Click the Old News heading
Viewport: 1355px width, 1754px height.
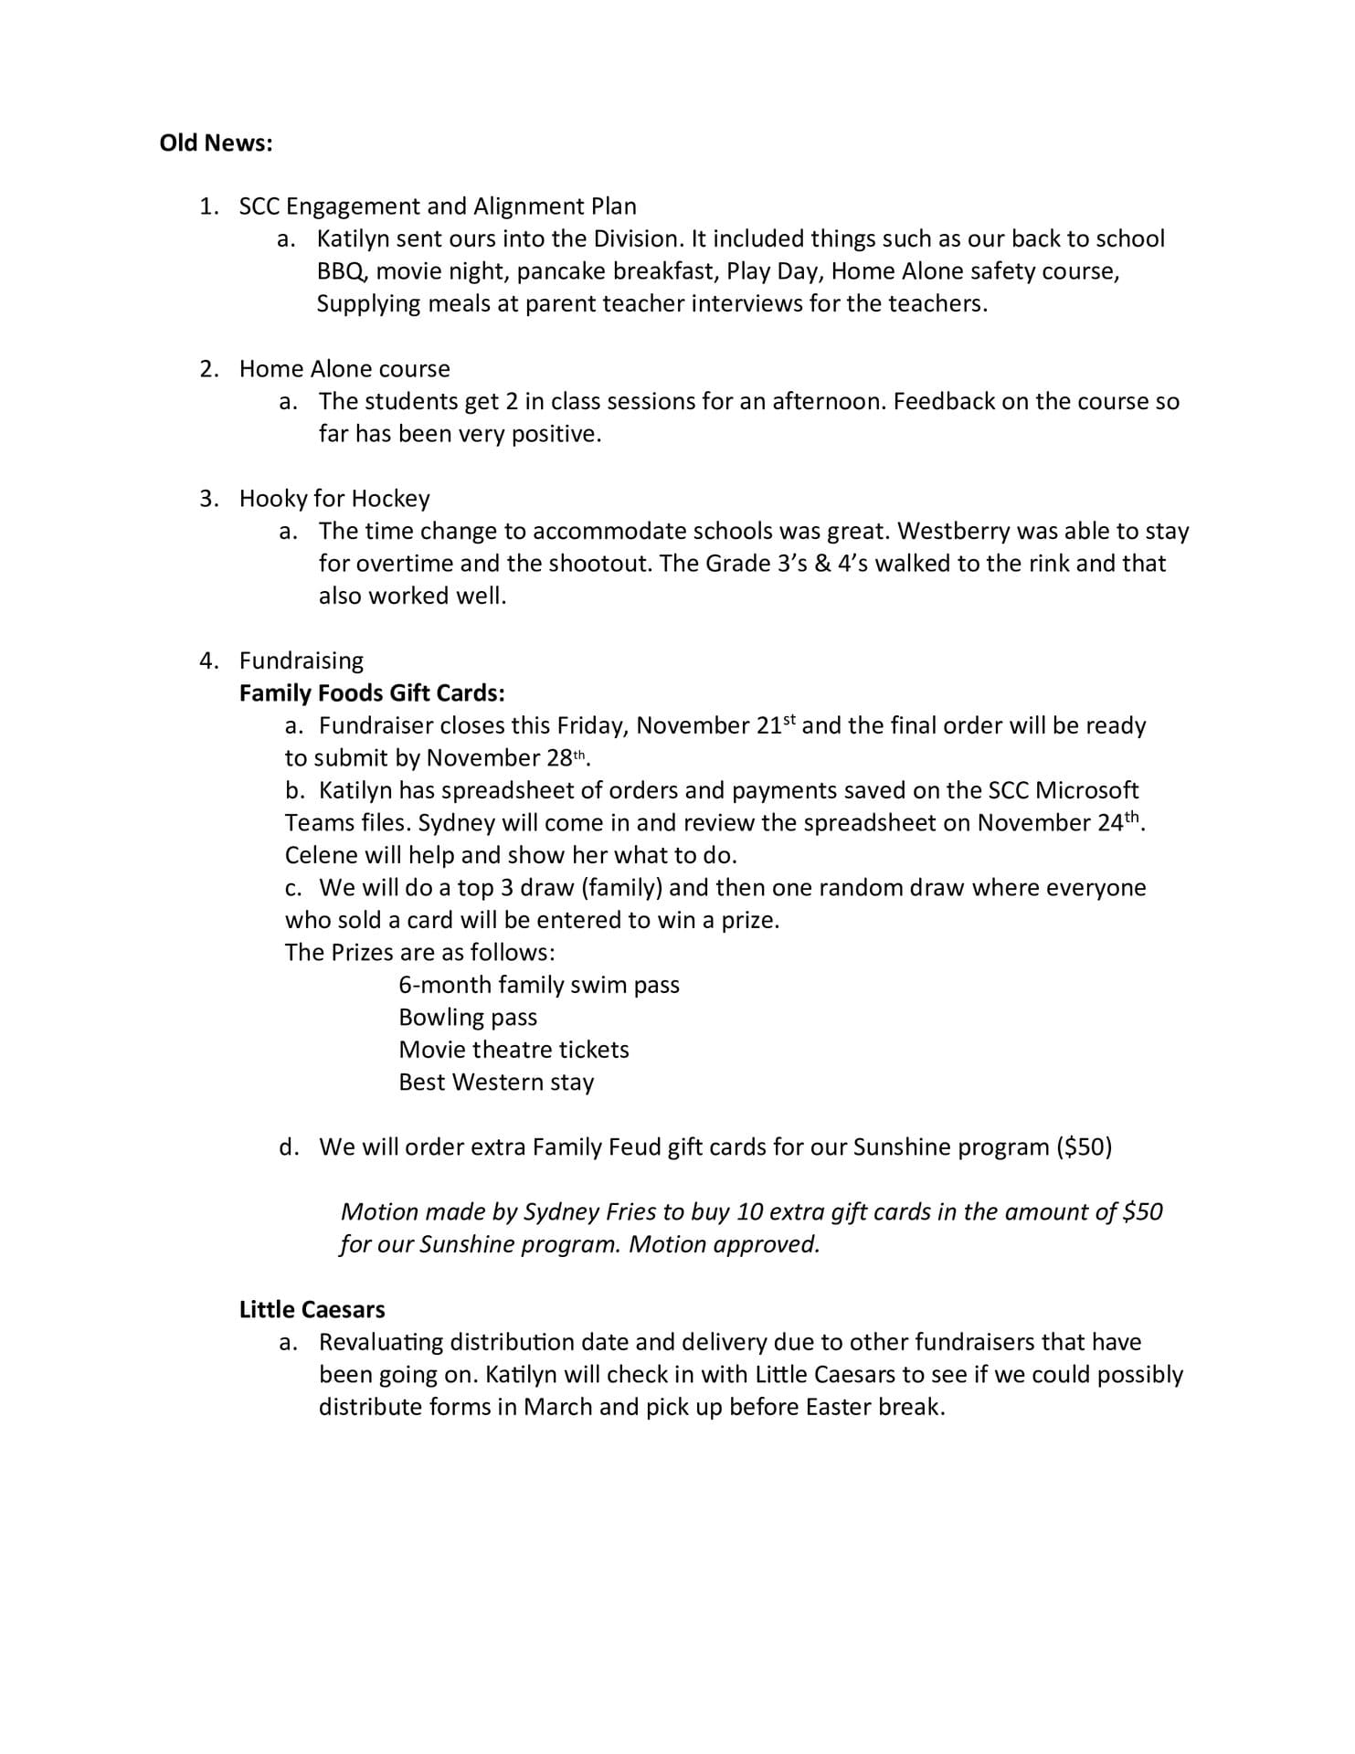point(216,143)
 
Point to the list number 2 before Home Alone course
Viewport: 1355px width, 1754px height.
point(209,369)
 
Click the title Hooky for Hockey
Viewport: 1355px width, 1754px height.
point(334,499)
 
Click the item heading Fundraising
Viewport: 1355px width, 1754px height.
point(301,660)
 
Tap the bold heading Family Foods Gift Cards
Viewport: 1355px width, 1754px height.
point(372,693)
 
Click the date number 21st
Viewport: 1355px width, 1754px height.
point(777,725)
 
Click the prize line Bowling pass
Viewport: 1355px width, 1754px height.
point(468,1018)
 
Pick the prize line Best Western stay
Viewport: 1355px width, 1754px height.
point(496,1083)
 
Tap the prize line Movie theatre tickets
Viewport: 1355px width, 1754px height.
point(513,1050)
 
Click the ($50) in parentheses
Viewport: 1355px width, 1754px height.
point(1084,1147)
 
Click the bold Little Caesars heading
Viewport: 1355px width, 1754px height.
point(312,1309)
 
